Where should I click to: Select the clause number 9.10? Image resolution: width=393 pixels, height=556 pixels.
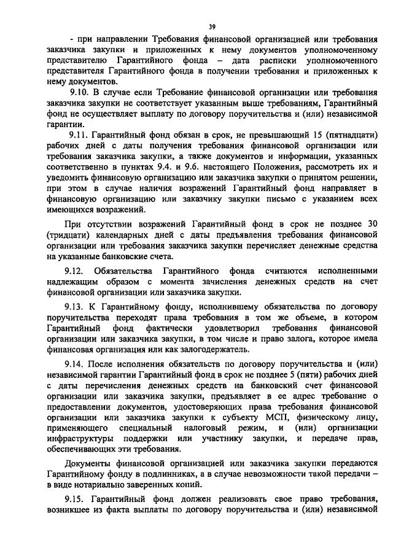82,92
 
